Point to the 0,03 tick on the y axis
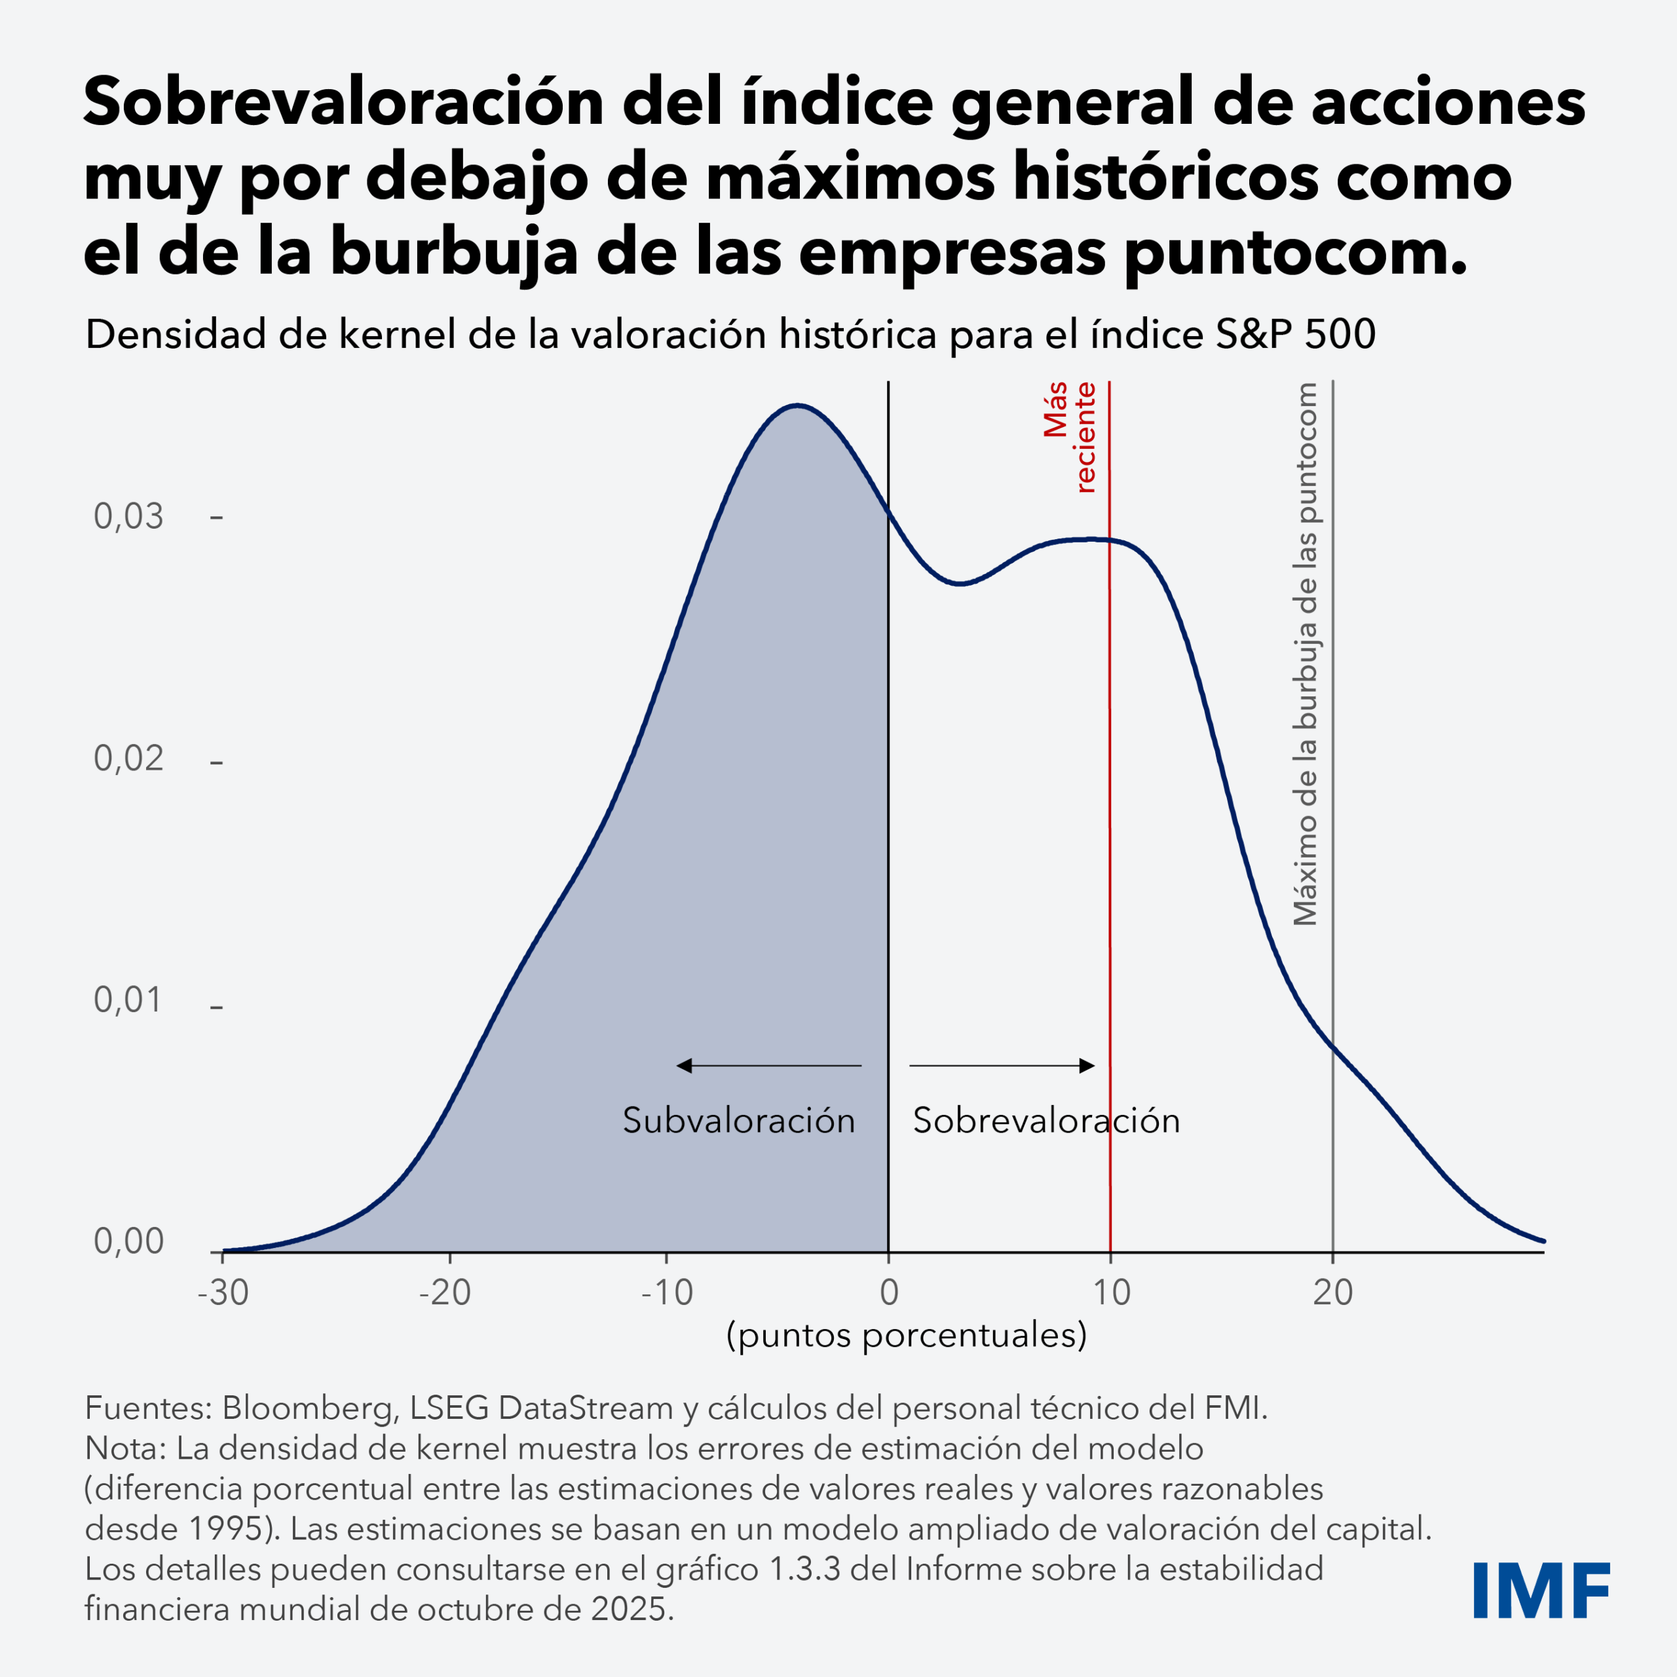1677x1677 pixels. click(x=128, y=516)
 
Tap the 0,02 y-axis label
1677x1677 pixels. click(x=128, y=759)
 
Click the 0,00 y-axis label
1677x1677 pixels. click(x=128, y=1241)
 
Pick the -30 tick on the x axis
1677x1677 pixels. click(x=223, y=1293)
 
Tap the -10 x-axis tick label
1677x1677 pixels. click(x=667, y=1293)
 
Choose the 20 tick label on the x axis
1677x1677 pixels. click(x=1332, y=1293)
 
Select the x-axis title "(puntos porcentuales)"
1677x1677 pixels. click(x=906, y=1335)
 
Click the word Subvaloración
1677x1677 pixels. click(x=739, y=1121)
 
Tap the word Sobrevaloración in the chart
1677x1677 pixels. click(x=1046, y=1121)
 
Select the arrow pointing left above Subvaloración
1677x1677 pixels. click(x=768, y=1065)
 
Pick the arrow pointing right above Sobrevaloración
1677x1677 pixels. click(x=1002, y=1065)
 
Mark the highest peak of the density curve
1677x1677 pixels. click(x=797, y=405)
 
